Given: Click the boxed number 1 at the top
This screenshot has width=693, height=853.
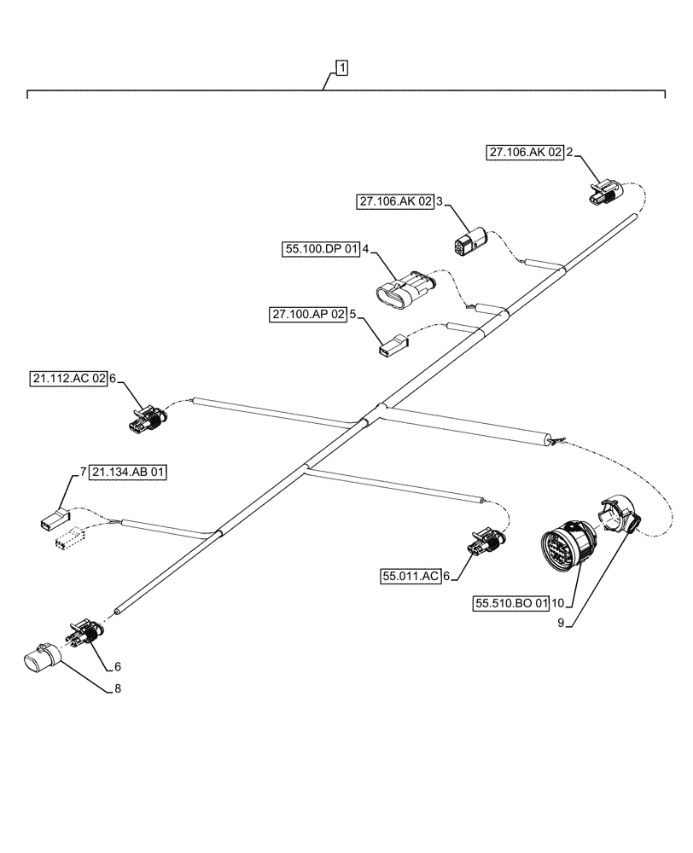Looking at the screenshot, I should click(341, 67).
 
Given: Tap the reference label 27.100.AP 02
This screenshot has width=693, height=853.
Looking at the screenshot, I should click(308, 315).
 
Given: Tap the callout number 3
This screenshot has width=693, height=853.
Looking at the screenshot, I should click(439, 202).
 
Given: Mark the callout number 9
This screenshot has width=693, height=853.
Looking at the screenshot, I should click(561, 623).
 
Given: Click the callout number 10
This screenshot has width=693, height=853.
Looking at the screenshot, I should click(557, 604).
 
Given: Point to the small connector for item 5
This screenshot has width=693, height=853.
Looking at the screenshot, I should click(391, 346).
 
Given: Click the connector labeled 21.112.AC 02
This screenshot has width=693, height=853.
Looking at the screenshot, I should click(146, 418).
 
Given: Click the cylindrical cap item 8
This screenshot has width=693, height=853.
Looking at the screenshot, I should click(40, 662).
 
